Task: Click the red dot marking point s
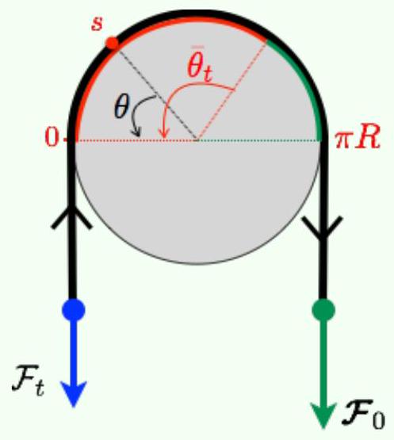tap(112, 44)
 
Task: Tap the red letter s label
tap(97, 24)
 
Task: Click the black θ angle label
tap(121, 107)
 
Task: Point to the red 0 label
tap(52, 138)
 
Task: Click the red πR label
tap(358, 138)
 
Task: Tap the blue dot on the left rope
tap(73, 310)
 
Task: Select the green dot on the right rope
tap(323, 310)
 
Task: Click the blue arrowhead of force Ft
tap(74, 393)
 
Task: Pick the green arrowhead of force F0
tap(323, 415)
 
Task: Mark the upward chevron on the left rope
tap(72, 217)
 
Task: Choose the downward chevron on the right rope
tap(323, 228)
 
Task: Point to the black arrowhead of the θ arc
tap(136, 132)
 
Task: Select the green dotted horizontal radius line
tap(259, 140)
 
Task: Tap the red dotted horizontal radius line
tap(137, 140)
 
